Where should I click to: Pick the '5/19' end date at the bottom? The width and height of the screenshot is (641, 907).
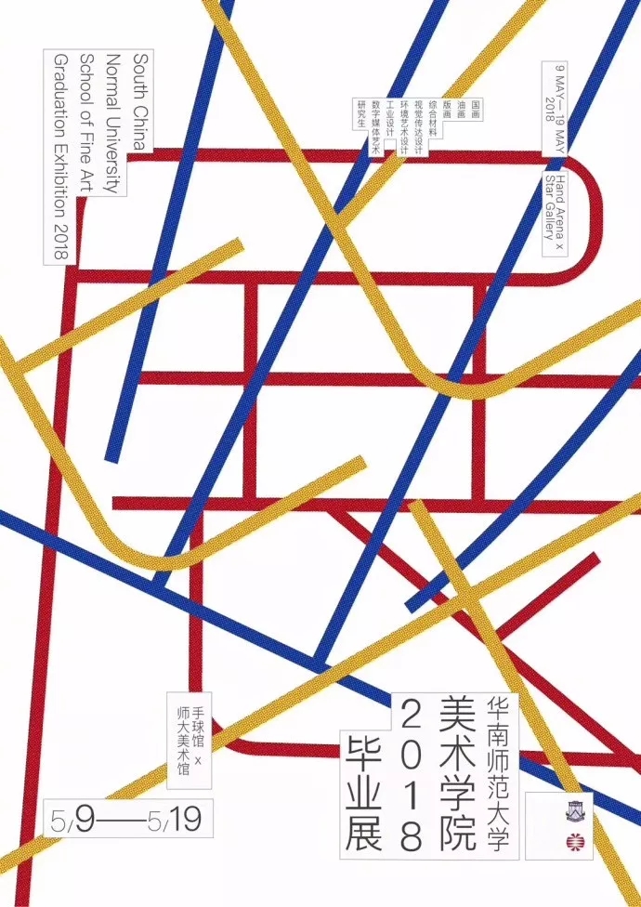pos(166,822)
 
